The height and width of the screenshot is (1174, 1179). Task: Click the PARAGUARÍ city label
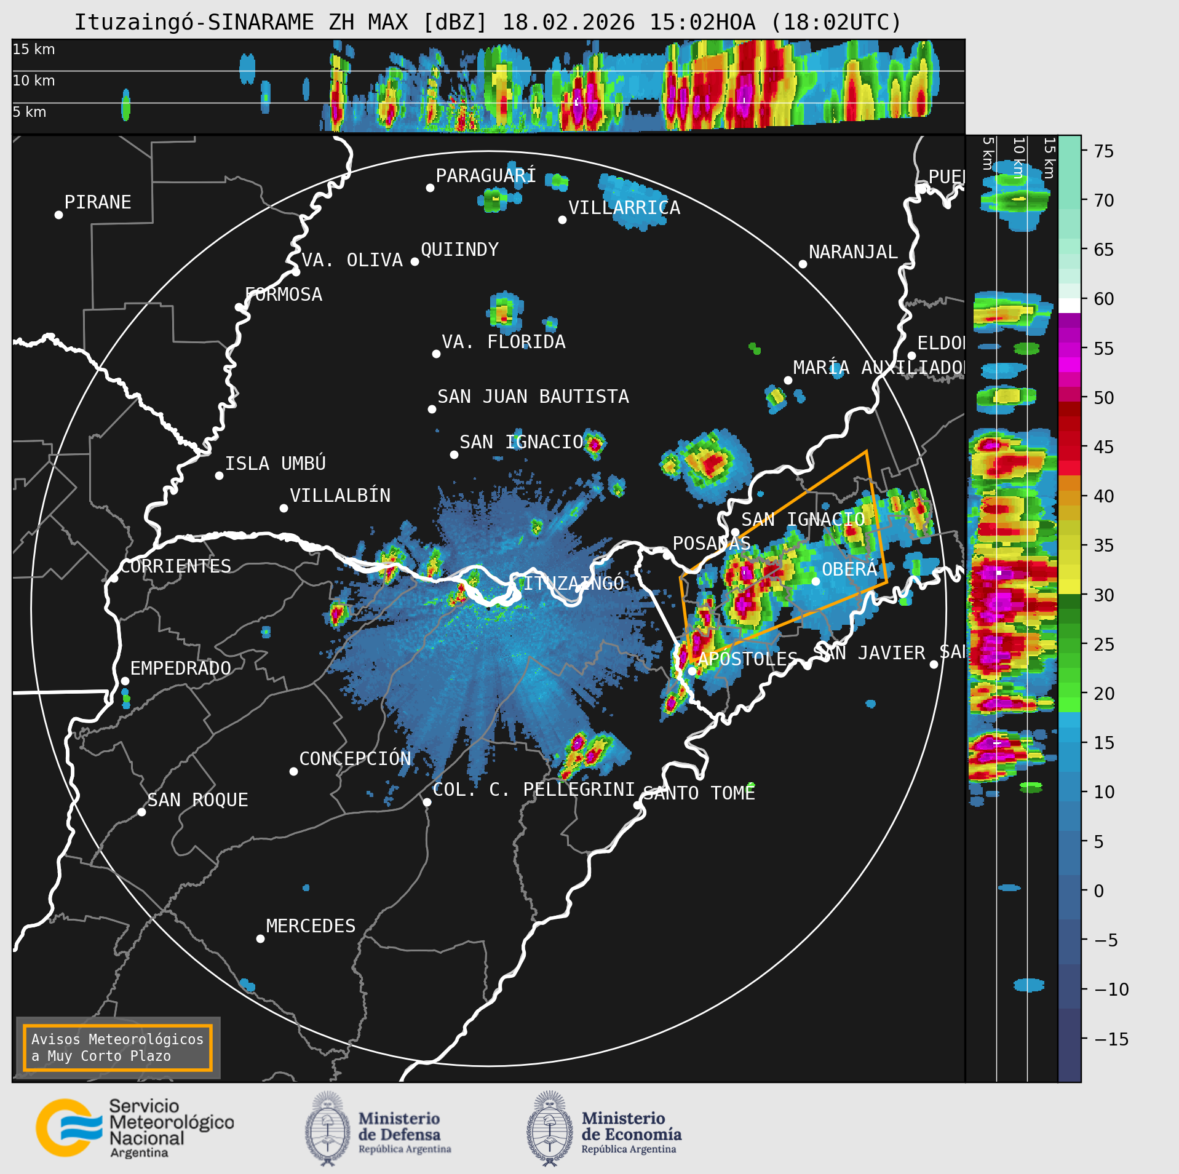pos(485,176)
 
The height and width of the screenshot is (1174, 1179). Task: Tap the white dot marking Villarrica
pos(562,220)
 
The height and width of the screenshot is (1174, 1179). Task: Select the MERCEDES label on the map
pos(311,926)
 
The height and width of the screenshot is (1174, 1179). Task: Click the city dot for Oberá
pos(816,581)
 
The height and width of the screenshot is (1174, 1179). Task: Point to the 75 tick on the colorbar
pos(1104,151)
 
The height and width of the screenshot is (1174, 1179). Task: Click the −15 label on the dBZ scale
pos(1111,1039)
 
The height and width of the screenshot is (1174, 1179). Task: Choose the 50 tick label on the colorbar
pos(1104,398)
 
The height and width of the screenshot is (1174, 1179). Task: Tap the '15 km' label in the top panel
pos(34,49)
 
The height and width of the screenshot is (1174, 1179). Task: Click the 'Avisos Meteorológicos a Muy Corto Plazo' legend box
pos(117,1048)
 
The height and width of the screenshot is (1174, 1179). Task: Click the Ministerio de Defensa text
pos(399,1127)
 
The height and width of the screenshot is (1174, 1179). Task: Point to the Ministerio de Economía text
pos(631,1127)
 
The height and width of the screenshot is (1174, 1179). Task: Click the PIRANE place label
pos(98,202)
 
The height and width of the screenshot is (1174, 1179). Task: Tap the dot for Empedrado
pos(125,681)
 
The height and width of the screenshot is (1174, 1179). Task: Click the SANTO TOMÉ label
pos(699,793)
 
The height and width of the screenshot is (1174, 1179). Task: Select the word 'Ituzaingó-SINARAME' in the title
pos(194,23)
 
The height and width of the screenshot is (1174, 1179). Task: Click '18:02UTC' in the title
pos(836,23)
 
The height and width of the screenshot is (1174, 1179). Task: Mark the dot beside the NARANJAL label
pos(803,264)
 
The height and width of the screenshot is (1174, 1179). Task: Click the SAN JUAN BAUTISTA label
pos(533,397)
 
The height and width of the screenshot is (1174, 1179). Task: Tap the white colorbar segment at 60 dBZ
pos(1070,305)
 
